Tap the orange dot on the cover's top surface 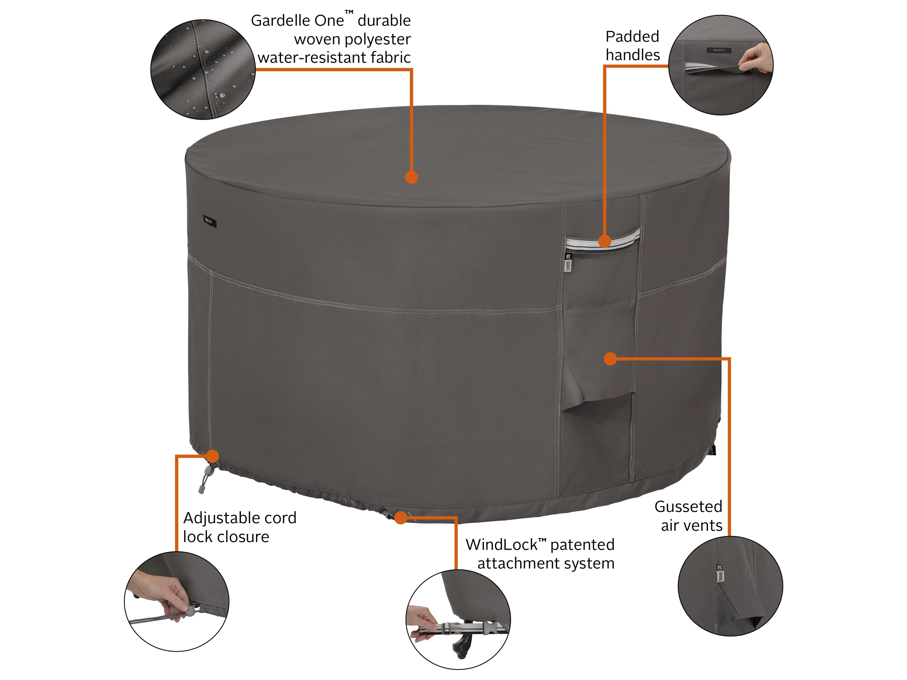point(411,177)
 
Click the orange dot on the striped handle point(604,241)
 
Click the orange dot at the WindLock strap point(401,518)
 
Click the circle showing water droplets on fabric point(203,70)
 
